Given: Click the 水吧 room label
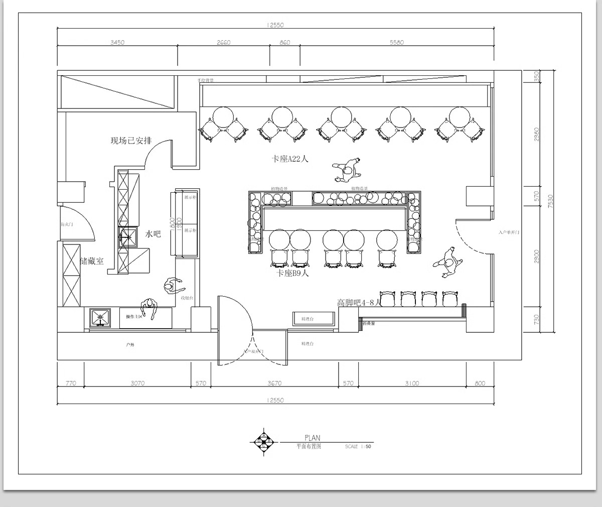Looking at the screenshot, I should click(x=153, y=233).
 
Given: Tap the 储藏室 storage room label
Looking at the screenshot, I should click(x=92, y=261).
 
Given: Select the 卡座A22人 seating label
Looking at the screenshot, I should click(x=290, y=159).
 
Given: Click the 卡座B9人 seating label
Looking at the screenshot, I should click(x=293, y=273).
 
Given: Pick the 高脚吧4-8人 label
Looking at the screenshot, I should click(x=359, y=302).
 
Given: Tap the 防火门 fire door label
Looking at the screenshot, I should click(x=67, y=224).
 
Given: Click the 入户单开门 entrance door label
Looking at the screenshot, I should click(x=509, y=233).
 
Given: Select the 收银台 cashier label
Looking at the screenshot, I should click(x=187, y=298).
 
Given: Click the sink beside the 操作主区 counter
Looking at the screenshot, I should click(x=99, y=318).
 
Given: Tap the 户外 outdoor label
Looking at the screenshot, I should click(x=130, y=345).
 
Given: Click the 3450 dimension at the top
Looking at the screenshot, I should click(x=117, y=43).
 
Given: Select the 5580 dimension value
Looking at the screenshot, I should click(x=396, y=43).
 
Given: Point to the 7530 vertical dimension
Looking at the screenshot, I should click(x=550, y=201).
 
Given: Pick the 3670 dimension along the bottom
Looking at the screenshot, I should click(x=274, y=384).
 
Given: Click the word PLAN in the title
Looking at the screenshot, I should click(x=312, y=438).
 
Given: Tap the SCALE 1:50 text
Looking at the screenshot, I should click(x=358, y=446).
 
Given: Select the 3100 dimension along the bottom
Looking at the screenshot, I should click(x=411, y=384).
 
